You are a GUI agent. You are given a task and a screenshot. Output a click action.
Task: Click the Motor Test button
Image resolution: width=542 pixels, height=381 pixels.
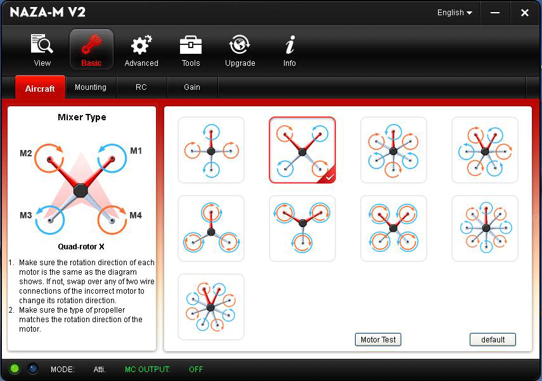[x=378, y=340]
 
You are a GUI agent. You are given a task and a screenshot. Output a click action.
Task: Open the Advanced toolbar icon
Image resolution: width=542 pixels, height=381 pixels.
[x=141, y=45]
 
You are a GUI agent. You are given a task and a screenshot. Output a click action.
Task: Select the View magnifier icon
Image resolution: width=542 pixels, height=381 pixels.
[x=42, y=44]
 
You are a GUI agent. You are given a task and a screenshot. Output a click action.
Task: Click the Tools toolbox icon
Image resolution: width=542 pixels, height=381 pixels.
[x=190, y=45]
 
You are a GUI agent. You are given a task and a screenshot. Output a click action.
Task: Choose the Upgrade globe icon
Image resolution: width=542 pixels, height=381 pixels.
[x=240, y=45]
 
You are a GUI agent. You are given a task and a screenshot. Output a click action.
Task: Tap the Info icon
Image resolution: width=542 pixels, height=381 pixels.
[x=290, y=45]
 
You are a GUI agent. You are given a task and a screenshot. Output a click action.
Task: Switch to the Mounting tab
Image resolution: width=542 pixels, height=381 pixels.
[x=91, y=87]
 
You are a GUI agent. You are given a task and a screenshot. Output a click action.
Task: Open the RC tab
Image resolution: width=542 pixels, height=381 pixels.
[x=141, y=87]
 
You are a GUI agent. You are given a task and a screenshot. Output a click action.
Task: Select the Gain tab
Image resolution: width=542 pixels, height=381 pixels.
[x=192, y=87]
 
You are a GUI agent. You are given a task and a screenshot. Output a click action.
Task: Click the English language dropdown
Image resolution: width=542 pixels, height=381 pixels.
[x=455, y=13]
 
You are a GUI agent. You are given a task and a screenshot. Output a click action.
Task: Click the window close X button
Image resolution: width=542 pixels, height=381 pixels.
[x=525, y=13]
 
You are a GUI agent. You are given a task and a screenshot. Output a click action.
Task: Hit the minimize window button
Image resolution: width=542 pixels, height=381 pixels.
[x=495, y=13]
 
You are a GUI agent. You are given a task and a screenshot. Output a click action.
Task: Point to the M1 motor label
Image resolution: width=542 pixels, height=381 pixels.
[x=136, y=151]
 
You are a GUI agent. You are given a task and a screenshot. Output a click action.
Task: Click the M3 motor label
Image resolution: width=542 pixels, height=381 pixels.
[x=25, y=215]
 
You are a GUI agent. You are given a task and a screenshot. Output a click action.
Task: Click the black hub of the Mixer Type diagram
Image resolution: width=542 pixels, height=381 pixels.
[x=81, y=190]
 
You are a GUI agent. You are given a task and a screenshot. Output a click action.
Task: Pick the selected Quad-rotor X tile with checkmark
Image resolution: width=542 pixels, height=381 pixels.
[x=302, y=150]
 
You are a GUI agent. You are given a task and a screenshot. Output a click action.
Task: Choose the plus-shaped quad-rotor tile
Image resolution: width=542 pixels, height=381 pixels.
[x=211, y=150]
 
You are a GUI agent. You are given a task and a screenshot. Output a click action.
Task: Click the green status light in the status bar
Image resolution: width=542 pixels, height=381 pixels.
[x=15, y=369]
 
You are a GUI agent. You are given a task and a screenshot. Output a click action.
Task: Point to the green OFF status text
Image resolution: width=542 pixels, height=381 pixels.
[x=196, y=369]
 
